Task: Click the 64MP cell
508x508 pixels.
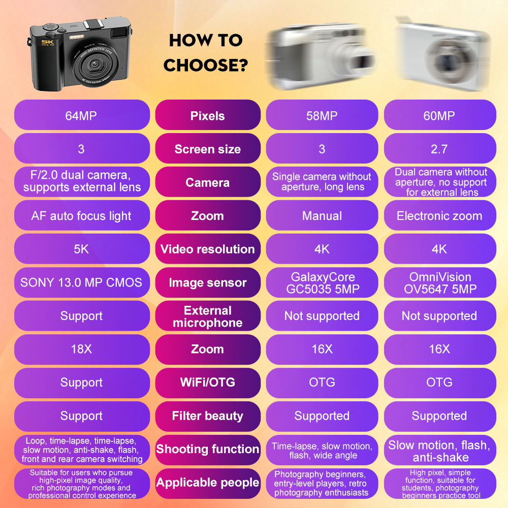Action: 81,115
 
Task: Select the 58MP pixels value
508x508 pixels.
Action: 322,115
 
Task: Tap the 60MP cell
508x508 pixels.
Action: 439,115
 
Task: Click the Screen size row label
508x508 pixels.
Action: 207,149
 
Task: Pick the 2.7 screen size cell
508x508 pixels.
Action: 439,149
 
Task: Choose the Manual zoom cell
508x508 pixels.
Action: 322,216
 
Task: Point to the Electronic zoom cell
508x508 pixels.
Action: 439,216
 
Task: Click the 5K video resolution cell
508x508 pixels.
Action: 81,249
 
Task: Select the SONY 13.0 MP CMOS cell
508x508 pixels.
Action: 81,282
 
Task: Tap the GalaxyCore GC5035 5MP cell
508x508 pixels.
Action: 322,282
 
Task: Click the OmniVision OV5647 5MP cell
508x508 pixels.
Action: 439,282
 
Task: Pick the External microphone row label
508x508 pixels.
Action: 207,316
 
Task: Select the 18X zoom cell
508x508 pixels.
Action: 81,349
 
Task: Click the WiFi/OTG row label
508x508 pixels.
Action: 207,383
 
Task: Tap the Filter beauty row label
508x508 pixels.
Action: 207,416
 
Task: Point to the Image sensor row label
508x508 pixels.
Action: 207,282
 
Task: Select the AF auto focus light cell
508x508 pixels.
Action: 81,216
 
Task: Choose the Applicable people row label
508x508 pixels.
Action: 207,483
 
